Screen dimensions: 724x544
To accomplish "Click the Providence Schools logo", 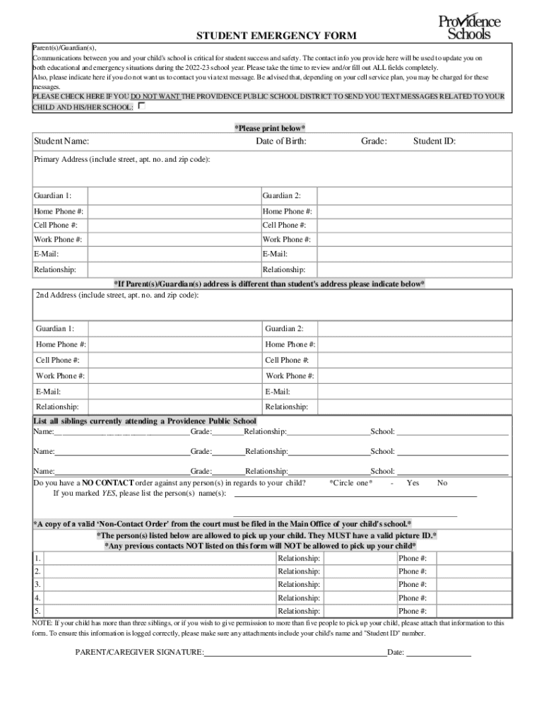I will (x=469, y=27).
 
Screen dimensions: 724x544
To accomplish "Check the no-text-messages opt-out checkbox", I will (x=142, y=106).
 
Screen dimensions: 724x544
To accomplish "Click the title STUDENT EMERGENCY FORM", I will (x=276, y=35).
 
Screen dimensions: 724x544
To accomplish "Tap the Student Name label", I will (x=61, y=141).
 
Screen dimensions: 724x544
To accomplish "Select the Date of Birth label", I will (x=281, y=141).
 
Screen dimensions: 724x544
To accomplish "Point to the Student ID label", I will (x=434, y=141).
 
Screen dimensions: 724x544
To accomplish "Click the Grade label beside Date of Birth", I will (x=374, y=141).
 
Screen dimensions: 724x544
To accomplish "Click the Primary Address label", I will (x=122, y=160).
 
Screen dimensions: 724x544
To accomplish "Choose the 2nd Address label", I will (x=117, y=295).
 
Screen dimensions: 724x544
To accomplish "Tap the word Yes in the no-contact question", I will (x=413, y=483).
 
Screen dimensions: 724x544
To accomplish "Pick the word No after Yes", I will (x=442, y=483).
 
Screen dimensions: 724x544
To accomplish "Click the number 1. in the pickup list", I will (x=37, y=559).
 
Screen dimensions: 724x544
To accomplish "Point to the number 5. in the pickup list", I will (x=37, y=611).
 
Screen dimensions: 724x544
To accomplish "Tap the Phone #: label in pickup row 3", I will (x=413, y=585).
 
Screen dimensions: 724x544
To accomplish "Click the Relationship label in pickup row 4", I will (x=299, y=598).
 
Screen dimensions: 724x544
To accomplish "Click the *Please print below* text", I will (x=270, y=128).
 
